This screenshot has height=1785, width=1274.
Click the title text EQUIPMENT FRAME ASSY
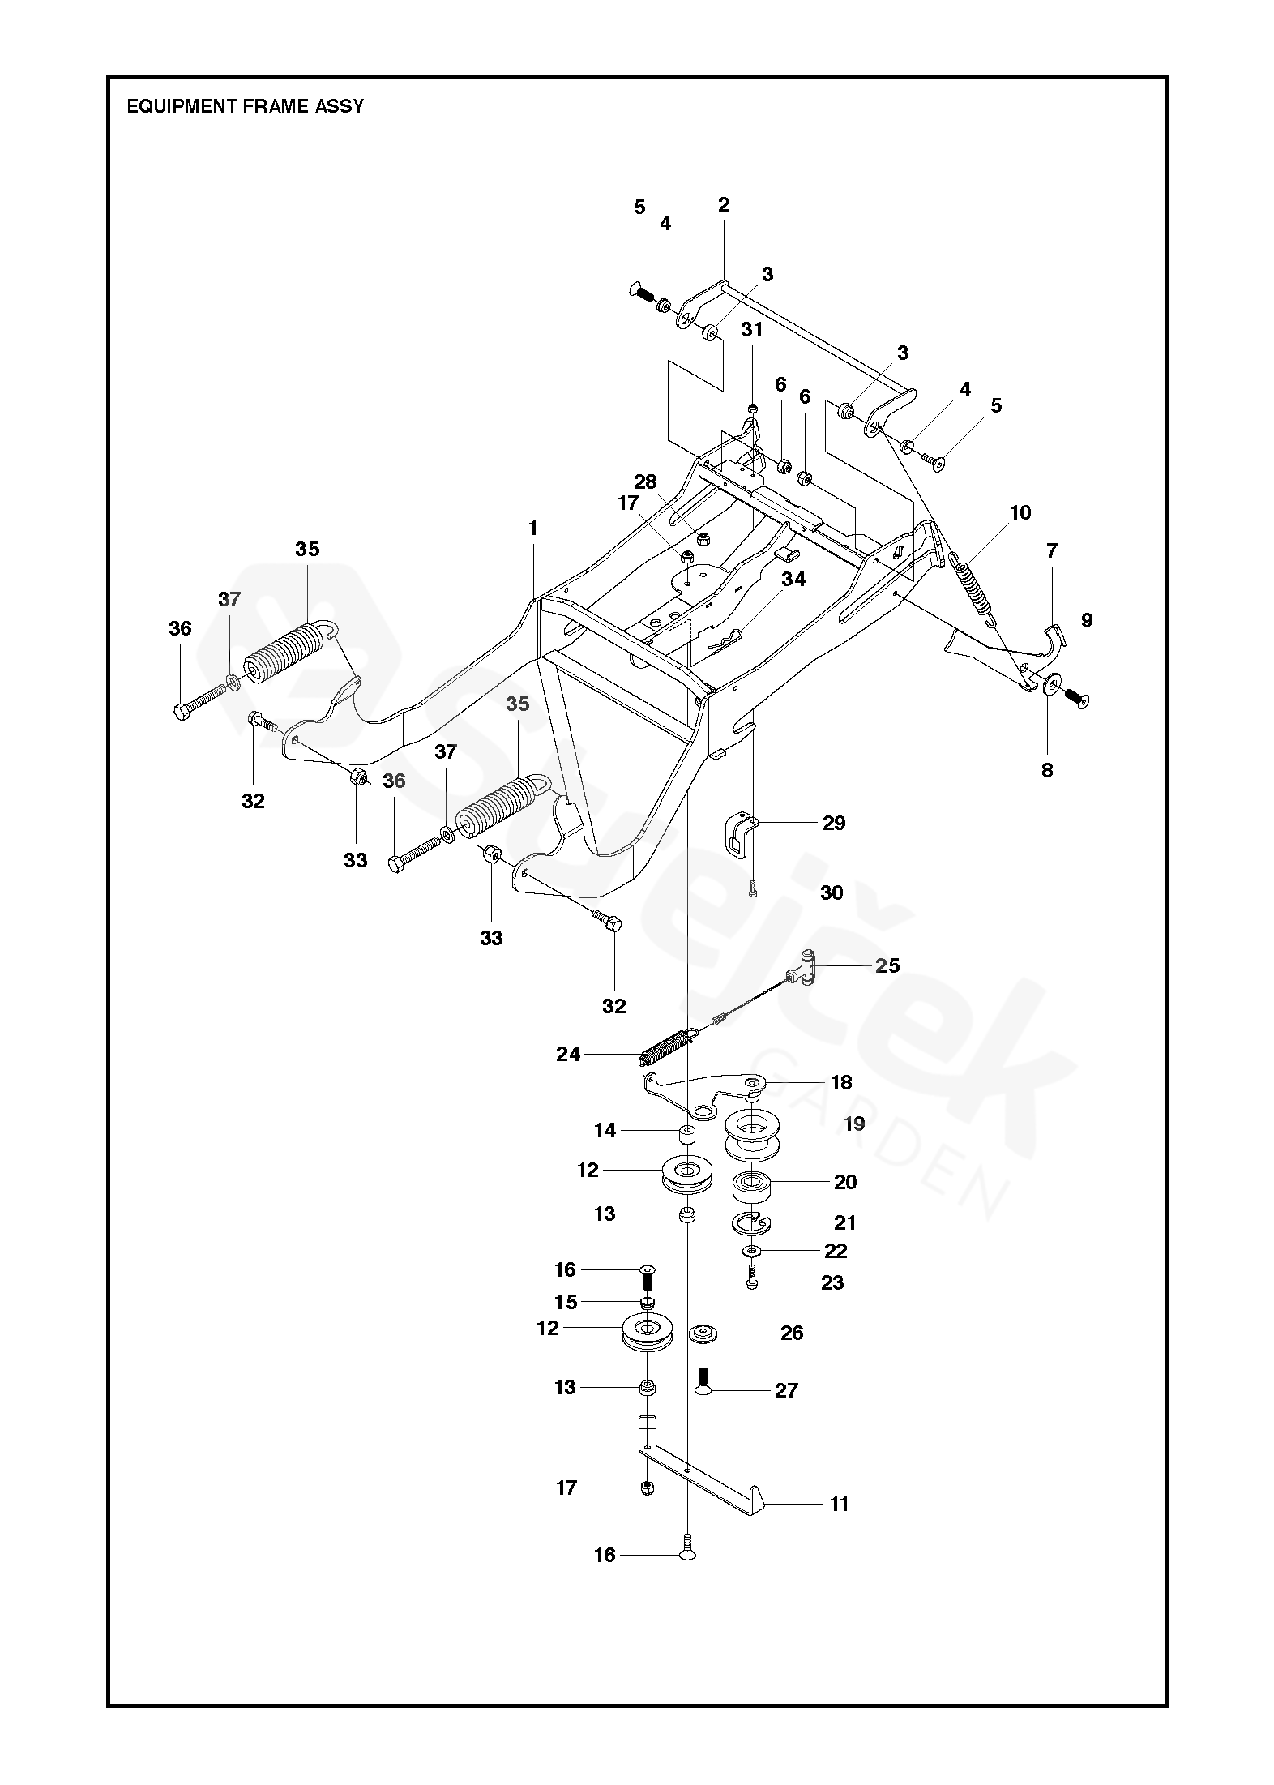245,106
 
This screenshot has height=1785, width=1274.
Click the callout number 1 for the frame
532,529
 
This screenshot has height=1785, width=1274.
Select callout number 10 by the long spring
1020,512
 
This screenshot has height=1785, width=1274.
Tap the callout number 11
839,1505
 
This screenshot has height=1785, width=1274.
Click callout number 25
887,965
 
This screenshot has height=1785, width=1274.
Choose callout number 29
833,824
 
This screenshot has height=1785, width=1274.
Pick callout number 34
793,580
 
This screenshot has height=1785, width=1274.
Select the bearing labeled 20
751,1188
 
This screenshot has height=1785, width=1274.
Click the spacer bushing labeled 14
687,1138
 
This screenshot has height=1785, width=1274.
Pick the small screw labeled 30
753,891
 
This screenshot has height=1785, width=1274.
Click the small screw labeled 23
751,1281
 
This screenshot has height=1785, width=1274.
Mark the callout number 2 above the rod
723,205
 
